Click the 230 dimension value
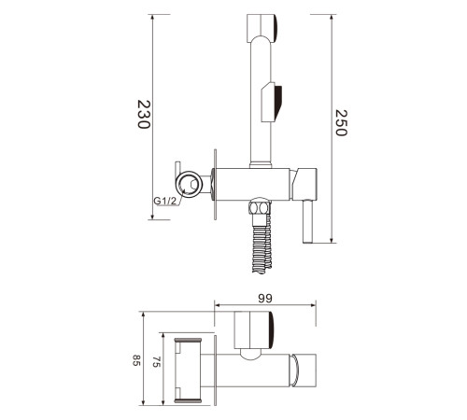pos(144,114)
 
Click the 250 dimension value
pos(341,122)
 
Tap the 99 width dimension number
pos(265,299)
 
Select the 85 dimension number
pos(135,360)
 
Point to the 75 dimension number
pos(156,362)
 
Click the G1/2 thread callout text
pos(165,201)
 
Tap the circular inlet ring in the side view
pos(189,184)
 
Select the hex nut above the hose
pos(260,207)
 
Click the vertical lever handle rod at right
pos(308,221)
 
